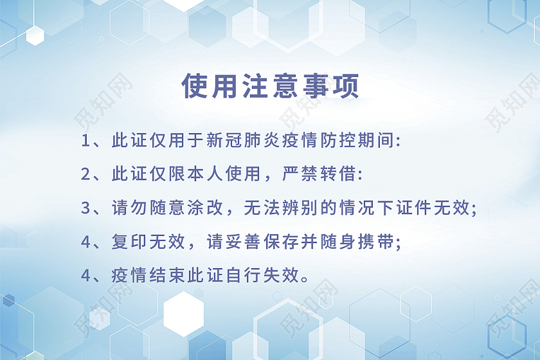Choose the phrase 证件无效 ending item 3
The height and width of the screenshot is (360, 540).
441,208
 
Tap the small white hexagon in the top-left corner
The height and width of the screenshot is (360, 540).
35,35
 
